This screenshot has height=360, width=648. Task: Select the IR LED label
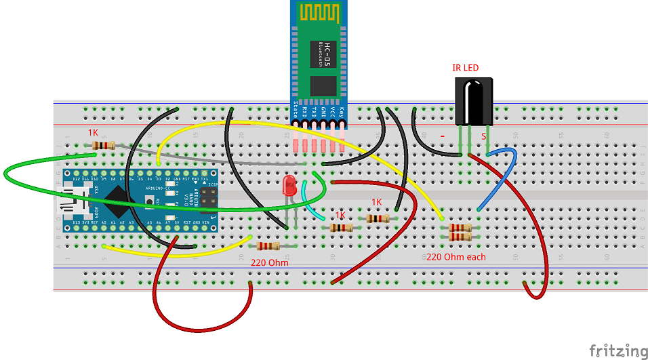[x=465, y=68]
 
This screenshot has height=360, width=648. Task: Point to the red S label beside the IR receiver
[x=484, y=136]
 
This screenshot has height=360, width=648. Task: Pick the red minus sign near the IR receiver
[x=443, y=136]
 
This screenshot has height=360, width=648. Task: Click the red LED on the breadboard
[x=289, y=184]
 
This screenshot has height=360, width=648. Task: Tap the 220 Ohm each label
[x=455, y=257]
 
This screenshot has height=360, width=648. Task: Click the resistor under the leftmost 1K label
[x=102, y=145]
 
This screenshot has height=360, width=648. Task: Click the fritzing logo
[x=617, y=351]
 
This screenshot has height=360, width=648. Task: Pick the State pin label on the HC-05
[x=296, y=110]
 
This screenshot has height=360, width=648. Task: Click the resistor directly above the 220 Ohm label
[x=269, y=246]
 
